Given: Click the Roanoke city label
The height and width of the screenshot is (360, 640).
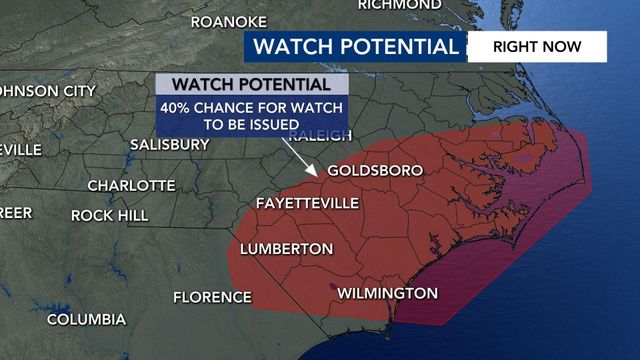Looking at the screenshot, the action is (228, 22).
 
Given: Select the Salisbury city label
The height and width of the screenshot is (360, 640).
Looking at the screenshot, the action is (170, 144).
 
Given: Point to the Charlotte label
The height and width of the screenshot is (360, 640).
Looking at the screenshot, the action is (131, 186).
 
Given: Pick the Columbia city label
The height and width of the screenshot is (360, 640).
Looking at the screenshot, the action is (86, 320).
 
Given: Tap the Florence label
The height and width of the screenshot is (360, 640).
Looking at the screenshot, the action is (212, 297).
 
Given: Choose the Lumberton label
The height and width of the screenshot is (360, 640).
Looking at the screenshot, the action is (286, 248).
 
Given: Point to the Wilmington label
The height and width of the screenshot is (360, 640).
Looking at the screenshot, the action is (388, 293).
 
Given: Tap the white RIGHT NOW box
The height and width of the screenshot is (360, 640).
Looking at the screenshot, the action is (537, 46).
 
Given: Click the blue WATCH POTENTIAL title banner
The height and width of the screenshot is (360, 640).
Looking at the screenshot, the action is (355, 46).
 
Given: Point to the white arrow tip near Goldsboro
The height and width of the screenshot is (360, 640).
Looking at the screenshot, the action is (319, 175).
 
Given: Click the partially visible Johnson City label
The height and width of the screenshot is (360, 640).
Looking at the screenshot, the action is (44, 90).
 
